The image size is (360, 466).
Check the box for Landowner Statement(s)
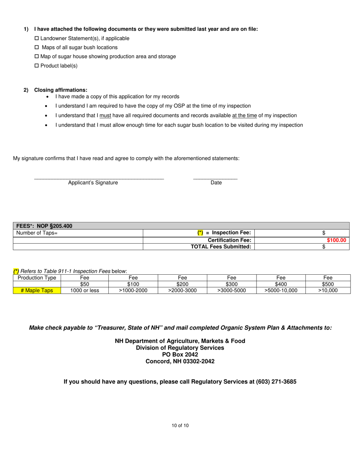pos(37,39)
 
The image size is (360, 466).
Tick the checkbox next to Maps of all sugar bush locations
pos(37,48)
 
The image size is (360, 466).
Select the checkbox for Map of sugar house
pos(37,57)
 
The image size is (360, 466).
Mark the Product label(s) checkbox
pos(37,66)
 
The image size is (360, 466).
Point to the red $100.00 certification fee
pos(337,240)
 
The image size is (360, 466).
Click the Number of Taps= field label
pos(37,233)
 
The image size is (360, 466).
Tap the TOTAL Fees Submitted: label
pos(221,247)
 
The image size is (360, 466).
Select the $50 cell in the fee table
pos(85,284)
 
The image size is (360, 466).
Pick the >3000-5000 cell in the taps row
pos(232,291)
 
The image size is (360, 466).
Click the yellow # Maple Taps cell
pos(37,291)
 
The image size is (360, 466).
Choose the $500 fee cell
pos(328,284)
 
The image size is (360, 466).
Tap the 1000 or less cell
pos(85,291)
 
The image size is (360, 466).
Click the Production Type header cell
pos(37,278)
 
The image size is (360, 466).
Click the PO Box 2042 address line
pos(180,355)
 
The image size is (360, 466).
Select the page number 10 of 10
pos(180,425)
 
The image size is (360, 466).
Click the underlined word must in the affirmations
pos(105,116)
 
